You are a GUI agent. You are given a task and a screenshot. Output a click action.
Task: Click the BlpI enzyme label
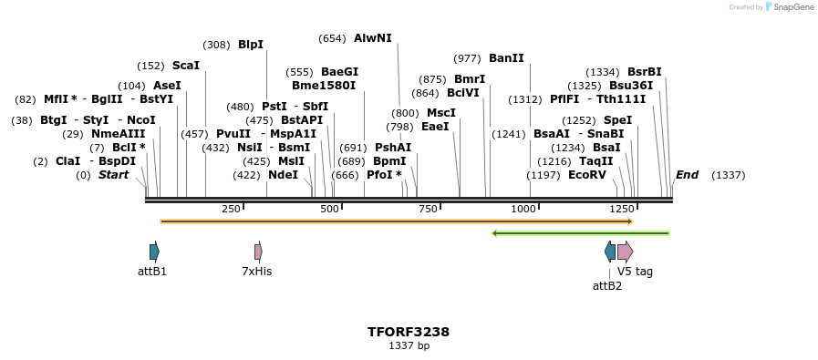point(250,45)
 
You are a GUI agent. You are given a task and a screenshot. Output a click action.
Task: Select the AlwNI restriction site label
point(372,38)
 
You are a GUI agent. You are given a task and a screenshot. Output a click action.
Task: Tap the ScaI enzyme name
point(185,66)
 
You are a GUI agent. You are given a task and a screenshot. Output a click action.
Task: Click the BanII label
point(506,58)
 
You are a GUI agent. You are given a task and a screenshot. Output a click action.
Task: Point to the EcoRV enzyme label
point(586,175)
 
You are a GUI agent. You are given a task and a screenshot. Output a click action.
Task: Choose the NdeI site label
point(283,175)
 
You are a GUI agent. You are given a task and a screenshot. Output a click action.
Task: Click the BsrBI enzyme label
point(644,72)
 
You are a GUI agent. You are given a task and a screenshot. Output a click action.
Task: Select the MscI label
point(440,113)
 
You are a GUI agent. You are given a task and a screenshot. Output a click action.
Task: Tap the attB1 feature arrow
point(154,252)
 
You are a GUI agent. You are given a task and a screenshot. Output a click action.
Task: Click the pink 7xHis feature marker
point(258,252)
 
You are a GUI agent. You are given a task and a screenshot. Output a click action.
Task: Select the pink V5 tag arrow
point(625,252)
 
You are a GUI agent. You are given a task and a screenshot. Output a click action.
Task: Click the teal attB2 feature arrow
point(610,252)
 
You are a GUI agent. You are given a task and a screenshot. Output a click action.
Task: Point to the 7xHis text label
point(256,272)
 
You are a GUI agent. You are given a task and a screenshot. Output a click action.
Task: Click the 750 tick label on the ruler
point(427,210)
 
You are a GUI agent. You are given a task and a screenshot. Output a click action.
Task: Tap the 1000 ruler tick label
point(523,210)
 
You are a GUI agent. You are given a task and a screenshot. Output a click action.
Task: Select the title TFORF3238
point(409,332)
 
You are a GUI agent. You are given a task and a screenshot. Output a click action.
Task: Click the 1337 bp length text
point(409,346)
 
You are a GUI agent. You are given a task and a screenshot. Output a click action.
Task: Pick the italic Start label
point(114,175)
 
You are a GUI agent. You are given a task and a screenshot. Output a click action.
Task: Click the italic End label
point(687,175)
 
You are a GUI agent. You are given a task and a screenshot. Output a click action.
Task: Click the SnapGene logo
point(790,7)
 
